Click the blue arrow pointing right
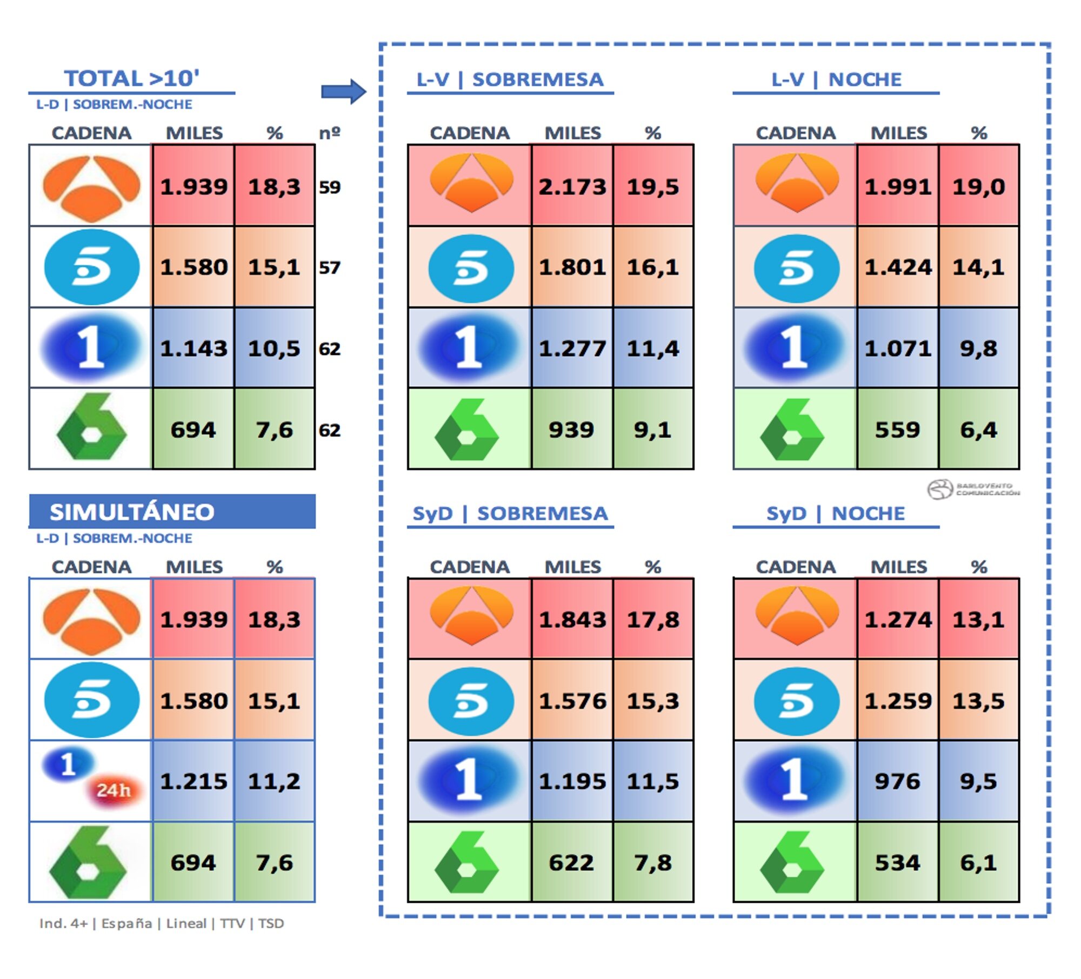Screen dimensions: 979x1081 point(343,91)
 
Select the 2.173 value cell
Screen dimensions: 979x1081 point(572,186)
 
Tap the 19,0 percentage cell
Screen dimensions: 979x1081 point(978,186)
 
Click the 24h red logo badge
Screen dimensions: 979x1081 point(114,790)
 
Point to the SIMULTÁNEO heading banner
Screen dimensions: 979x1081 point(172,512)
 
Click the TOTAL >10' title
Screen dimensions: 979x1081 point(131,78)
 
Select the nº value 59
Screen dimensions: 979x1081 point(330,187)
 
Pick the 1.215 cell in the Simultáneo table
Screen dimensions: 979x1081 point(193,781)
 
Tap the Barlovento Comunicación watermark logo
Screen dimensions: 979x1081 point(973,489)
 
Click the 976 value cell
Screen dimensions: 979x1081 point(897,781)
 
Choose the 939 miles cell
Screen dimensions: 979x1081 point(571,430)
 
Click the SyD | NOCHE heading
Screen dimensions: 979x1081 point(835,513)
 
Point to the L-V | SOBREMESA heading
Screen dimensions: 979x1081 point(510,79)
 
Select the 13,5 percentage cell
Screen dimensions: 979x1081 point(978,701)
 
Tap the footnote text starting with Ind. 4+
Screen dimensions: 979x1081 point(161,923)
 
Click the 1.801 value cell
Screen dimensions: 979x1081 point(572,267)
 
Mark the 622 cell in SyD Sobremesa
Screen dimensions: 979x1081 point(571,863)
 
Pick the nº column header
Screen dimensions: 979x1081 point(330,132)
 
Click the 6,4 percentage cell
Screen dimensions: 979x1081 point(978,430)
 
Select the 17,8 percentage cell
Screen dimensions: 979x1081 point(653,619)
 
